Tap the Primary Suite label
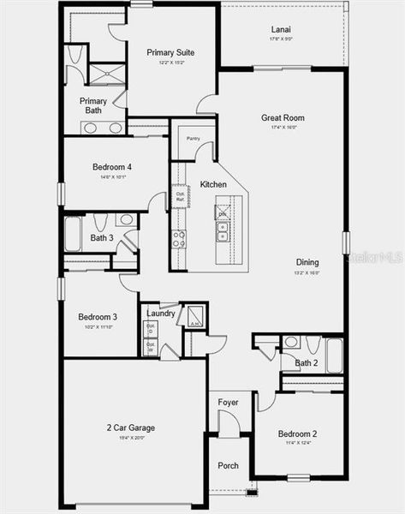pos(170,52)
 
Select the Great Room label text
pos(283,118)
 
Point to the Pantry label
pos(194,137)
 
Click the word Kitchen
pos(213,185)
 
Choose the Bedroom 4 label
pos(112,168)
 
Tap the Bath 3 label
pos(102,237)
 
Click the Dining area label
pos(307,262)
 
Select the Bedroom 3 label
pos(98,316)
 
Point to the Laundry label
pos(160,314)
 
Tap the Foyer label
pos(228,402)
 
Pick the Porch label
pos(228,466)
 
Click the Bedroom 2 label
pos(297,433)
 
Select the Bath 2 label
pos(306,363)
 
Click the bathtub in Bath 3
pos(74,234)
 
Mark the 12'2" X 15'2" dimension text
pos(170,63)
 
